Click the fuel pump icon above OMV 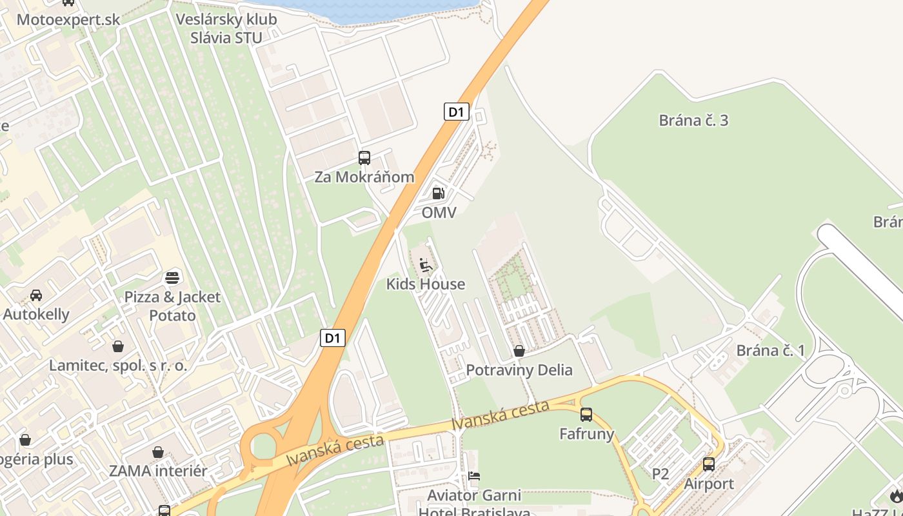pos(438,193)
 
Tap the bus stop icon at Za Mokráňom pos(364,157)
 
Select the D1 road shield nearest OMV pos(456,112)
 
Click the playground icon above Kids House pos(426,264)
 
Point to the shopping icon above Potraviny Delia pos(519,351)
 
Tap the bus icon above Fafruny pos(586,415)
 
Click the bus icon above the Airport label pos(709,464)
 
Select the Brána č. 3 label pos(693,120)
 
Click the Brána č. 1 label pos(771,351)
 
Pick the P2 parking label pos(660,475)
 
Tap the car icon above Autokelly pos(36,295)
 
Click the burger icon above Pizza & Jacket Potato pos(172,277)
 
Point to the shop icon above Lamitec pos(118,346)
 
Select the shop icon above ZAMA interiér pos(158,452)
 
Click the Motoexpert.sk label pos(68,19)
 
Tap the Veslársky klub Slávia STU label pos(226,28)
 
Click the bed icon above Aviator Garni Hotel pos(475,477)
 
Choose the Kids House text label pos(426,284)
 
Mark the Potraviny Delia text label pos(519,370)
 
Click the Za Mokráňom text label pos(364,177)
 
